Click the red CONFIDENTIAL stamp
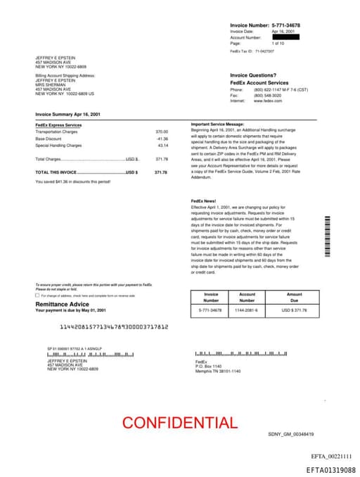click(179, 423)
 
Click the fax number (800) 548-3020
click(267, 95)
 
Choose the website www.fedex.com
click(267, 101)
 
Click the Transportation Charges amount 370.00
click(162, 132)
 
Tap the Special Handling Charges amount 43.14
click(162, 146)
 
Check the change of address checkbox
click(37, 295)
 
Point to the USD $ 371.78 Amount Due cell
click(294, 310)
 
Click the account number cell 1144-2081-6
click(247, 310)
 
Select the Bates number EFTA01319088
click(330, 469)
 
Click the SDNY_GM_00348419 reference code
click(290, 434)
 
